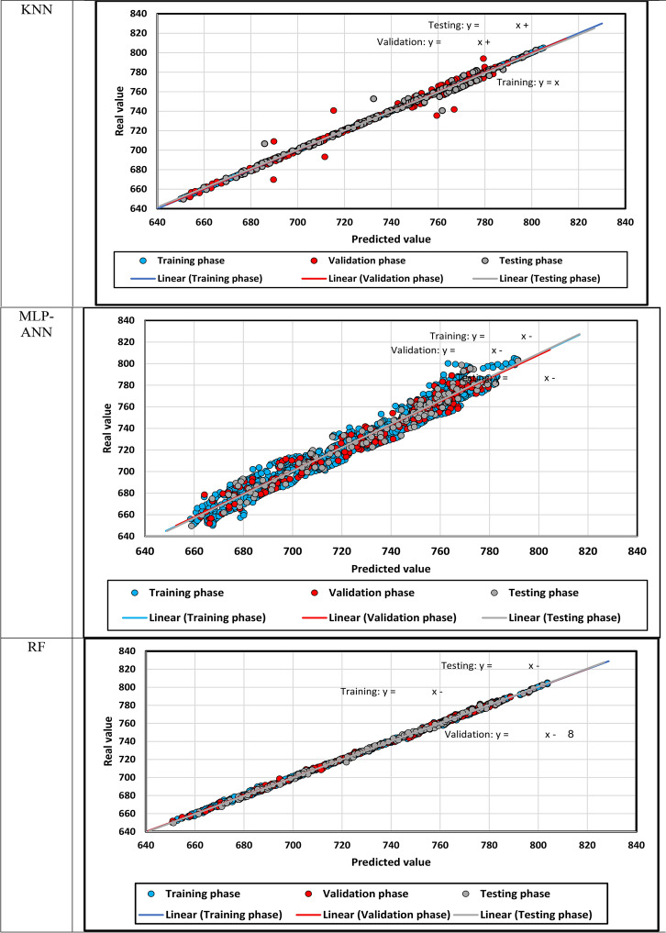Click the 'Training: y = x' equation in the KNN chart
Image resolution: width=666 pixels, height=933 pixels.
(527, 83)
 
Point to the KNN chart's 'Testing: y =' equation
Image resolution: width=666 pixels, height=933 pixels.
(478, 26)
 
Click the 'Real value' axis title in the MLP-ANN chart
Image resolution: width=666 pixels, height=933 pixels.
(107, 428)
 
